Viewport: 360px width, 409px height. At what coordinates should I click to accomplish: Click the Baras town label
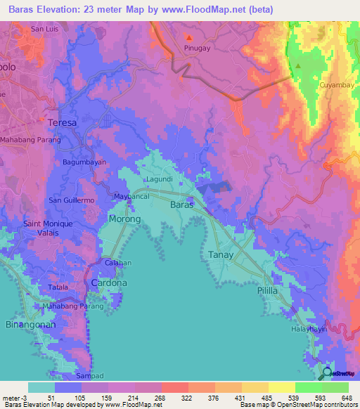pyautogui.click(x=181, y=204)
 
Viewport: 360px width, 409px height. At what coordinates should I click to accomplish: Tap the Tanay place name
pyautogui.click(x=221, y=254)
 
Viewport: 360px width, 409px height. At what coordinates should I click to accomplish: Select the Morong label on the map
pyautogui.click(x=125, y=219)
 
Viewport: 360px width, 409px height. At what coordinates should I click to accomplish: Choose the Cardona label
pyautogui.click(x=109, y=283)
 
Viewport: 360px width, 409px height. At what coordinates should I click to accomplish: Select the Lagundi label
pyautogui.click(x=160, y=180)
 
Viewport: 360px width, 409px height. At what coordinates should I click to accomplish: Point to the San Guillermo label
pyautogui.click(x=71, y=200)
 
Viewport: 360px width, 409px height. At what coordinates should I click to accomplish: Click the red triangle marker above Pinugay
pyautogui.click(x=188, y=37)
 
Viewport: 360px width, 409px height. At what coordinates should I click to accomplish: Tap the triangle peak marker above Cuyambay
pyautogui.click(x=298, y=67)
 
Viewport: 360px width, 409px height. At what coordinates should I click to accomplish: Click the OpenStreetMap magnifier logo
pyautogui.click(x=326, y=374)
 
